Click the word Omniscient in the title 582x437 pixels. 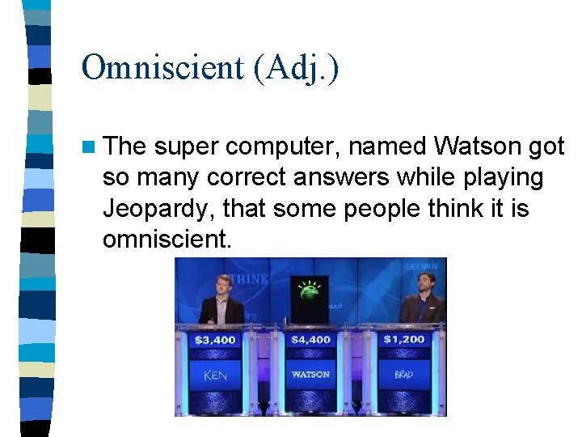click(162, 68)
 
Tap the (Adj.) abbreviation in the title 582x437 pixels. click(296, 69)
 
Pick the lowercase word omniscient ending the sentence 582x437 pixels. click(167, 238)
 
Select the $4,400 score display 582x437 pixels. click(311, 339)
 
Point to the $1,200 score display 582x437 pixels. click(404, 339)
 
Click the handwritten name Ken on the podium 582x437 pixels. click(216, 375)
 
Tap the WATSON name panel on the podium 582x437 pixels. click(311, 375)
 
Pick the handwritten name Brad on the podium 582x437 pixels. click(404, 375)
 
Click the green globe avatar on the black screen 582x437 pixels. click(308, 290)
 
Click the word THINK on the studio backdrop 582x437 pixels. click(251, 279)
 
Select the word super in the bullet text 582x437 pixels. click(188, 147)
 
